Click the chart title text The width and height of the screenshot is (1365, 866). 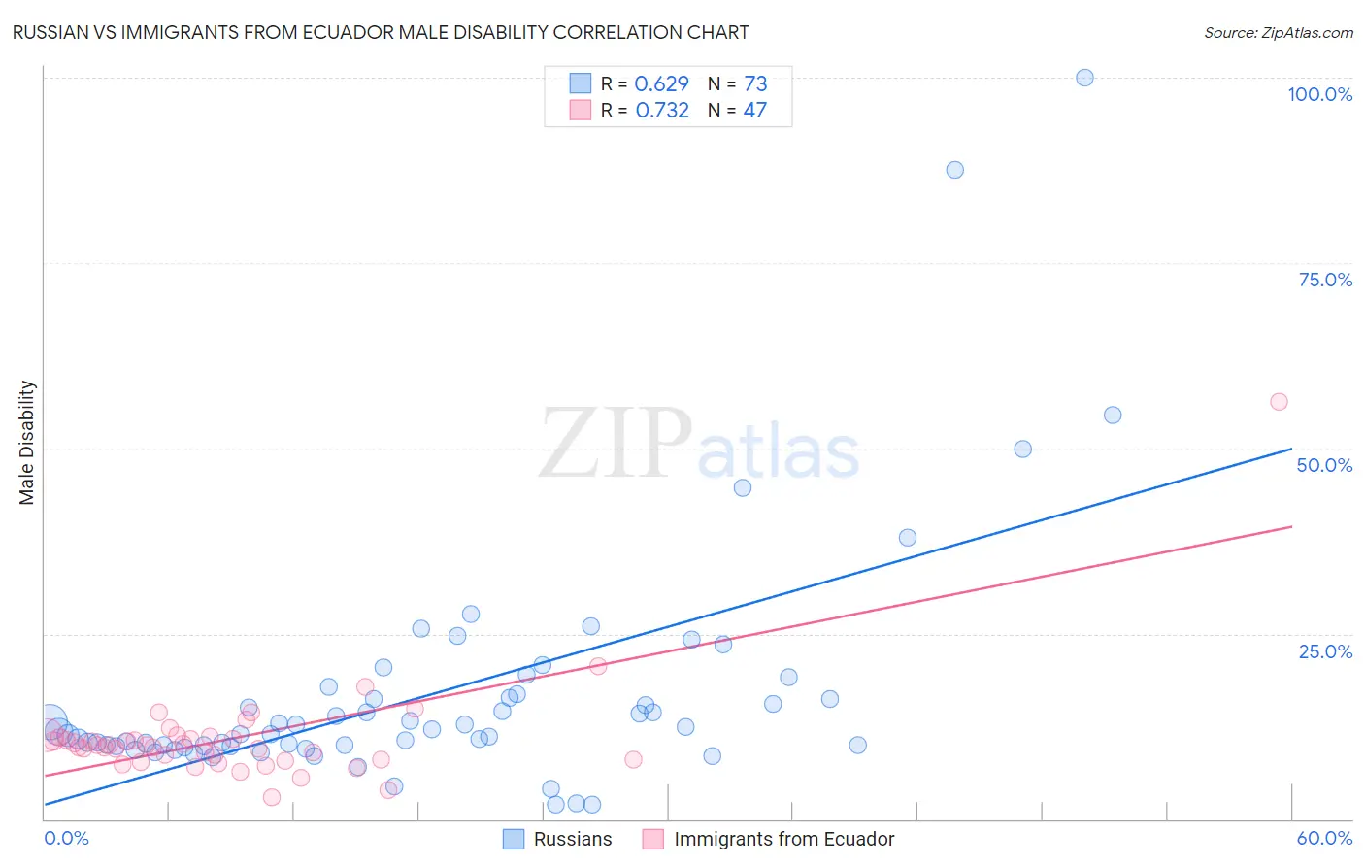pos(381,32)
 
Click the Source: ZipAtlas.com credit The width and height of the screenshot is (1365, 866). pos(1278,32)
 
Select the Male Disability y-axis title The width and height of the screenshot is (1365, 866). pos(27,442)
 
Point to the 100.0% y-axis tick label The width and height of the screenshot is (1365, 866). pos(1319,94)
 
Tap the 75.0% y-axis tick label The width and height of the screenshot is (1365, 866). pos(1325,280)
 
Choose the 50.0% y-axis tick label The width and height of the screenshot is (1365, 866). pos(1324,465)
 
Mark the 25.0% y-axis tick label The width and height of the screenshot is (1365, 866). pos(1325,650)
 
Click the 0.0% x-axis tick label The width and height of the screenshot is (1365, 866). pos(66,838)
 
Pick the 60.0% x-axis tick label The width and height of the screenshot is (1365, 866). pos(1324,838)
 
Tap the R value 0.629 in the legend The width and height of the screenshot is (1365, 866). pos(661,84)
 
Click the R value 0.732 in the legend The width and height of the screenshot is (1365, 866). pos(662,111)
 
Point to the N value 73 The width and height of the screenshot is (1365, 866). pos(755,84)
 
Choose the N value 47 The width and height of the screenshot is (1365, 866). pos(754,111)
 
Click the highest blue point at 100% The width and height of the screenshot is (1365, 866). pos(1084,78)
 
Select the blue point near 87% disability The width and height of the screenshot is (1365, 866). pos(954,170)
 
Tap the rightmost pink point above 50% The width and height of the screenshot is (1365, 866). pos(1279,402)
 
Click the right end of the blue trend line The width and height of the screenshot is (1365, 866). pos(1291,449)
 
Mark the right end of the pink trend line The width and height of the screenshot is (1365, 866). pos(1291,526)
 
